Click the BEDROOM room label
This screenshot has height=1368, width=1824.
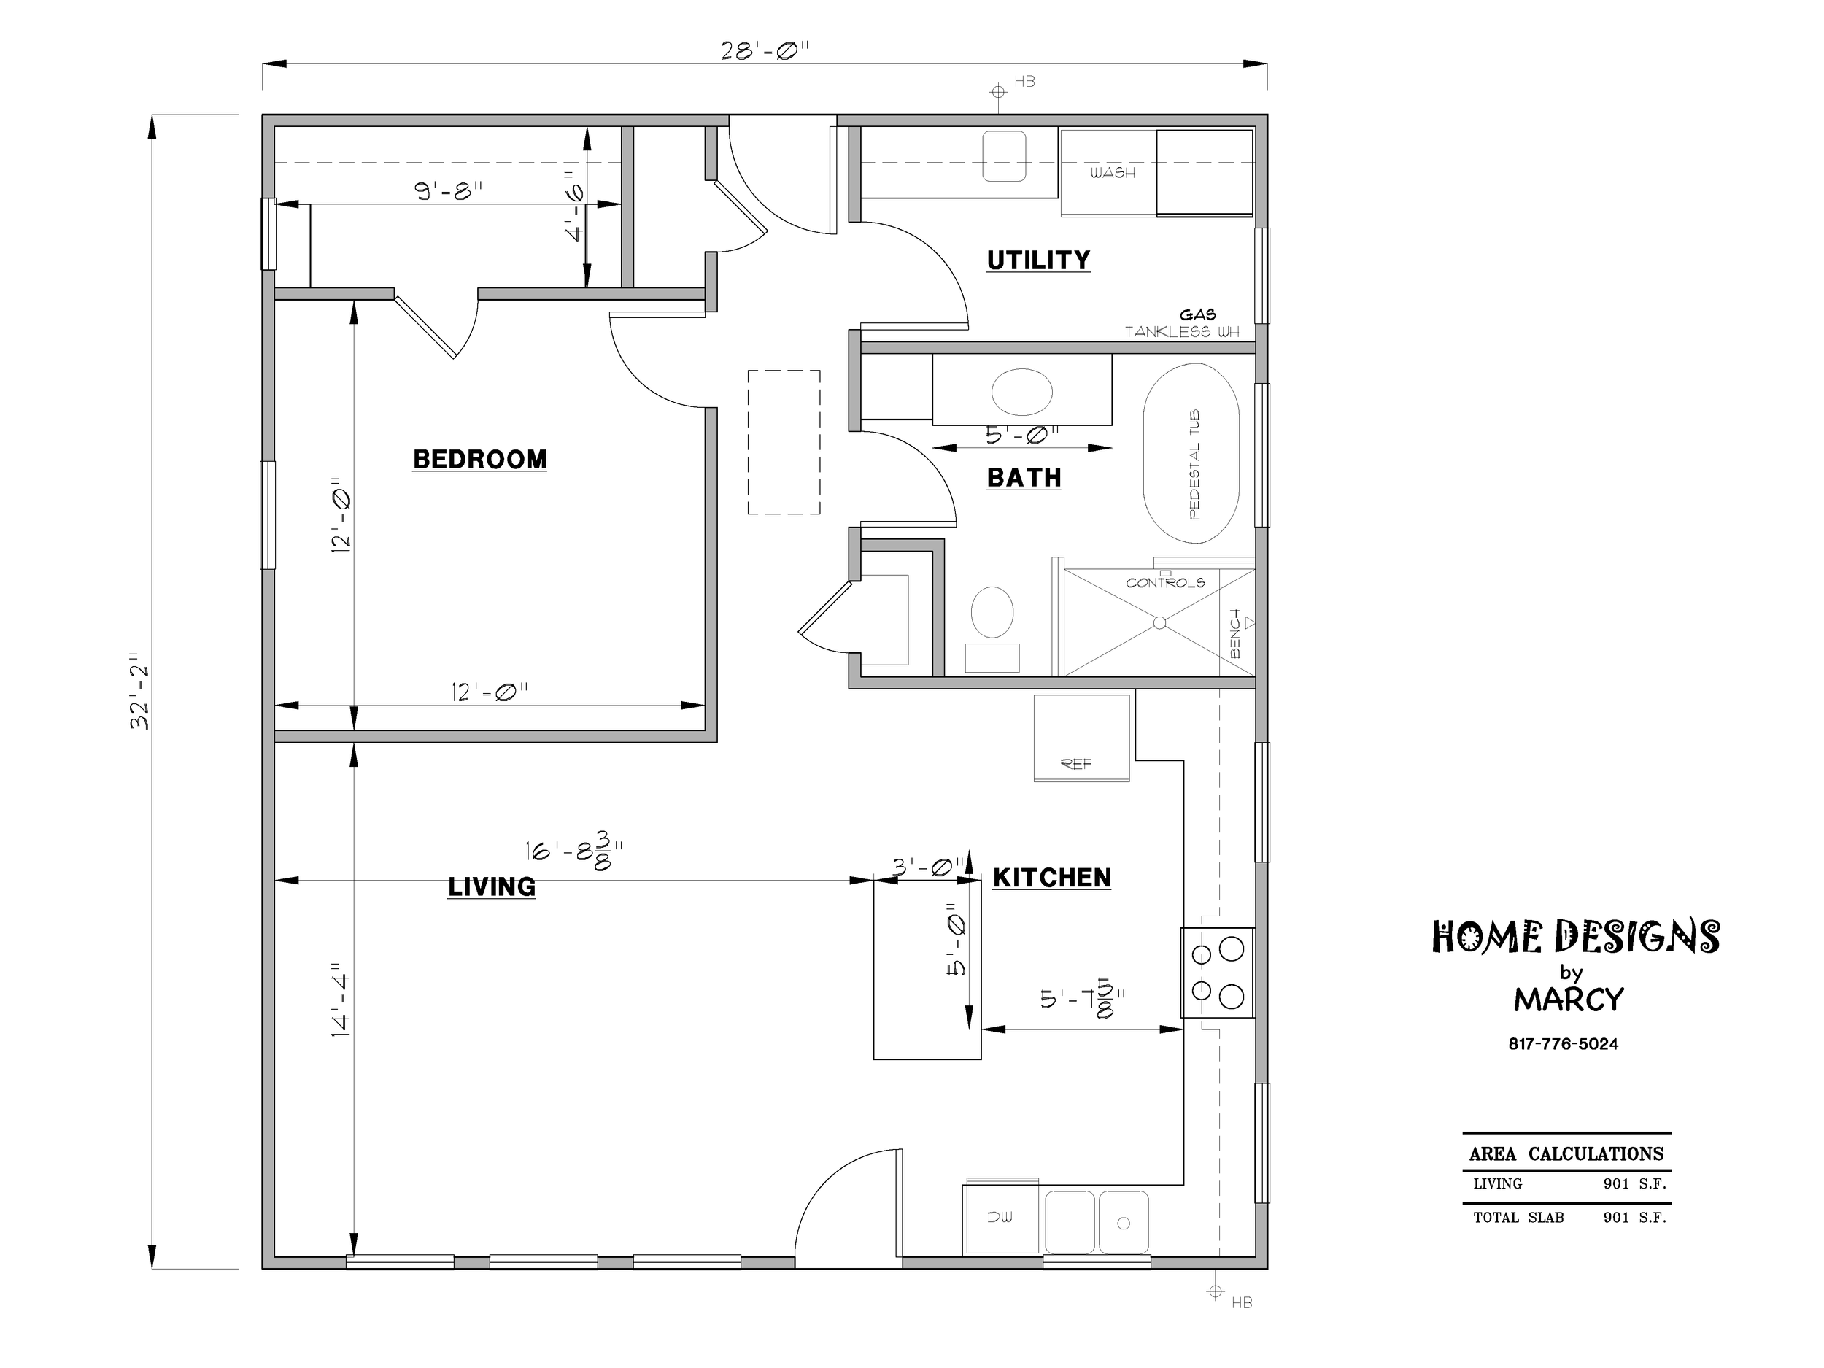coord(480,460)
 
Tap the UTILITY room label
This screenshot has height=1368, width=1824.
coord(1038,260)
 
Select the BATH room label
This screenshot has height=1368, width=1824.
coord(1024,477)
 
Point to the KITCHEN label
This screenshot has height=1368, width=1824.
coord(1052,878)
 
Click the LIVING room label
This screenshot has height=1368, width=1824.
coord(492,886)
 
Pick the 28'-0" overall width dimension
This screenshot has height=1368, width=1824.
coord(765,51)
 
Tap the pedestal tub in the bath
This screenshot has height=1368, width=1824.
coord(1191,454)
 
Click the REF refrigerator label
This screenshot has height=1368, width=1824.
coord(1076,765)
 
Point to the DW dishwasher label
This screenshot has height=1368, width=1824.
coord(1000,1217)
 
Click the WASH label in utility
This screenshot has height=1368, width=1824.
coord(1113,172)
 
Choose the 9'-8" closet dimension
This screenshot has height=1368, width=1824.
coord(449,190)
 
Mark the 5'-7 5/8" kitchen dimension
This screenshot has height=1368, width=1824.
coord(1082,999)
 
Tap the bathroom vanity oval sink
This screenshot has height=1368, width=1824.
coord(1021,392)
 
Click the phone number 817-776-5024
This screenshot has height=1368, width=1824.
coord(1564,1044)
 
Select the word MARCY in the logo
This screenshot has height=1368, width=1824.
coord(1569,1000)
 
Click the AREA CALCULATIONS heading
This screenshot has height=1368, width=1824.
coord(1566,1153)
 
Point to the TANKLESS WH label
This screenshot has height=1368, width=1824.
coord(1183,332)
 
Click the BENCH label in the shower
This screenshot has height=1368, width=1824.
coord(1235,633)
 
